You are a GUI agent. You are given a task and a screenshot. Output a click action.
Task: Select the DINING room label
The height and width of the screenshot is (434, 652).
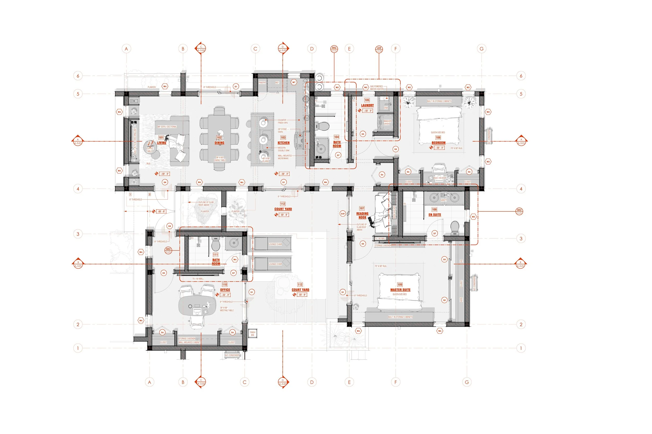click(x=219, y=143)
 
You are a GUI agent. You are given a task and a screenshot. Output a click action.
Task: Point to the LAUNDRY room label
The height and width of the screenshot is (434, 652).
click(x=367, y=105)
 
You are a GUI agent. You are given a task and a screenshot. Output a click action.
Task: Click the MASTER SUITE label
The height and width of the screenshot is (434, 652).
click(x=400, y=290)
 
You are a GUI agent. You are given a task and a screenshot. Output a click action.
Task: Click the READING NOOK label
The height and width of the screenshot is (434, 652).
click(x=362, y=215)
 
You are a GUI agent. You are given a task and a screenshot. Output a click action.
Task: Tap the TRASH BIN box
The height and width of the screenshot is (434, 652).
click(x=252, y=334)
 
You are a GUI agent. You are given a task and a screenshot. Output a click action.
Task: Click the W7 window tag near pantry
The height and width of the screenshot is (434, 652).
click(x=294, y=82)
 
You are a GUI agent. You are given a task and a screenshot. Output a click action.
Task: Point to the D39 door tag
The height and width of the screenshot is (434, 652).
click(x=343, y=214)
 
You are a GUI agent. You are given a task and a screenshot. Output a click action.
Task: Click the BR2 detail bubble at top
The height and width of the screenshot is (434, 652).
click(x=334, y=49)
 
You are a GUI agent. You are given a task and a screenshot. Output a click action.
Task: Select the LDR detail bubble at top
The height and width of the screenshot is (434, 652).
click(x=379, y=49)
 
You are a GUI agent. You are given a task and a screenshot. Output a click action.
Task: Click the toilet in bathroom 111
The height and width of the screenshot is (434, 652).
click(x=216, y=245)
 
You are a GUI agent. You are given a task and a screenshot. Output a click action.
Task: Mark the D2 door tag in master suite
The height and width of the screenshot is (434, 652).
click(x=444, y=300)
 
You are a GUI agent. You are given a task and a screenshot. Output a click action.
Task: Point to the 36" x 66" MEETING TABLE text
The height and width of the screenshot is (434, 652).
click(x=227, y=309)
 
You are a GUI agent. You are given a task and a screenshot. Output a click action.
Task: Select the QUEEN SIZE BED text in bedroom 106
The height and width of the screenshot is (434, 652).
click(x=438, y=132)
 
